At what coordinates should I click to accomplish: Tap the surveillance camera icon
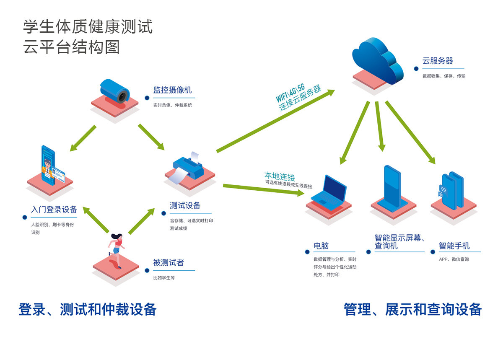point(115,91)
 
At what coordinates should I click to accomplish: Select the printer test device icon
point(188,168)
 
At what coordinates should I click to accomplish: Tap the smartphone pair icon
point(451,190)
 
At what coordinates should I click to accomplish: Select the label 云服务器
point(438,61)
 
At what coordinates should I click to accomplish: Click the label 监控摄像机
point(172,90)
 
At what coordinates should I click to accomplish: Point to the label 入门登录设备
point(54,209)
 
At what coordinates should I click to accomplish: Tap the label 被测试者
point(169,262)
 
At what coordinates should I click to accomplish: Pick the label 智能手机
point(454,246)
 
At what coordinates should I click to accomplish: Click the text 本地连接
point(280,176)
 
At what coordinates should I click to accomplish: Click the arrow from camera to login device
point(83,138)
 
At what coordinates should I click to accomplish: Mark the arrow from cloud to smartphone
point(410,132)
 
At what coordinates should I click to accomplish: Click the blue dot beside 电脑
point(307,252)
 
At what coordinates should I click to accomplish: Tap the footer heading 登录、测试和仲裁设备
point(87,310)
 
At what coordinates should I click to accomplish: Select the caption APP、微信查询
point(454,259)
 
